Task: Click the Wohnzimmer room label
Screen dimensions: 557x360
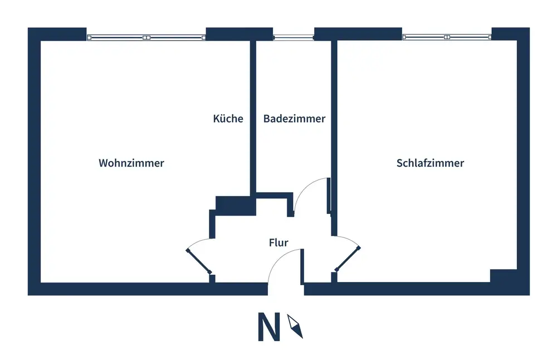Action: (x=131, y=163)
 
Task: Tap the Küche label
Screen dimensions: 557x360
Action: (x=228, y=118)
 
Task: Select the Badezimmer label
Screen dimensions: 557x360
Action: (x=294, y=118)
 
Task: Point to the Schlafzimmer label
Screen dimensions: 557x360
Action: (x=430, y=163)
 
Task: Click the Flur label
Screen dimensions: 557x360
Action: (x=278, y=242)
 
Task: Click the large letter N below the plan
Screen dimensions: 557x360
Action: (x=268, y=327)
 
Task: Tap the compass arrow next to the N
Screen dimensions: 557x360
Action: (x=295, y=326)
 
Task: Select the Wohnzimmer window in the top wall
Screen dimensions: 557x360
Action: (x=146, y=37)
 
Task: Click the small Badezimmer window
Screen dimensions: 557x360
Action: (x=294, y=37)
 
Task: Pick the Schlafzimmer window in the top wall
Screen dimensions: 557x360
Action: (x=447, y=37)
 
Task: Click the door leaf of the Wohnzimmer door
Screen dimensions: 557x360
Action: (x=199, y=261)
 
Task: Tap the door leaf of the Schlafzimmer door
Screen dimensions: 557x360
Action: (x=348, y=259)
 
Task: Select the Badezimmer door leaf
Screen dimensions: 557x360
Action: (x=329, y=196)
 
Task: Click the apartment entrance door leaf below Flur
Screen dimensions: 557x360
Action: (x=302, y=266)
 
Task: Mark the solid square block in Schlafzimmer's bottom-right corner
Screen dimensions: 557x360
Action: (x=504, y=276)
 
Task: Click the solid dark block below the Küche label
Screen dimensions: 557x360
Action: (x=236, y=206)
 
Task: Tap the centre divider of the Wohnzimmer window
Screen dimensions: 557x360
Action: (x=146, y=37)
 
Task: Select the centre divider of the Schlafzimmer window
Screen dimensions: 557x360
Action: (x=447, y=37)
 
